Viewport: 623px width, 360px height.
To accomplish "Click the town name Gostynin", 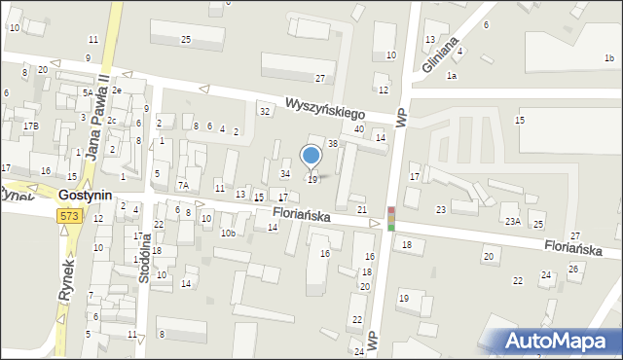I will coord(86,196).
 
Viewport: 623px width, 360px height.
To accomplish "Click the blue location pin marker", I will coord(311,157).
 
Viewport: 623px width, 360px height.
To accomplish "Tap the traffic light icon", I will coord(391,219).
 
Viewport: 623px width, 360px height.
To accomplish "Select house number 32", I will coord(264,111).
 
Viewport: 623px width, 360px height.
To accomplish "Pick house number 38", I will coord(333,143).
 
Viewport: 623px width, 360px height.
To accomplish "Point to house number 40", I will coord(359,129).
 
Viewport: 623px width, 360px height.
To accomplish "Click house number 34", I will coord(285,173).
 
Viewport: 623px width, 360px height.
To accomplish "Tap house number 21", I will coord(362,210).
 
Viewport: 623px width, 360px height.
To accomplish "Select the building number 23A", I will coord(512,222).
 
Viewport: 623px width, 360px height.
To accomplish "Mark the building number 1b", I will coord(608,58).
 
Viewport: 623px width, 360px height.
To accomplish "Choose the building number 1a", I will coord(451,75).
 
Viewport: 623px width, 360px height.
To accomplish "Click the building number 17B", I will coord(31,126).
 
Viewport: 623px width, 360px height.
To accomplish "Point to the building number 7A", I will coord(182,185).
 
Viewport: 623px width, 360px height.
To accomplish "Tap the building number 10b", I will coord(227,234).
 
